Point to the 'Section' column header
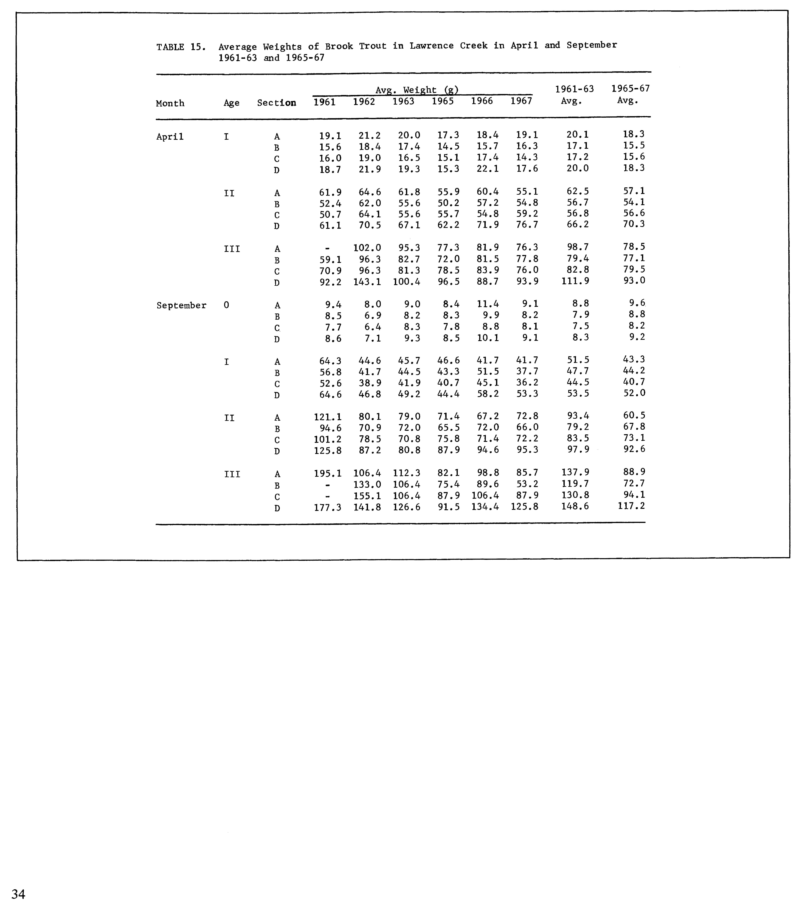tap(276, 103)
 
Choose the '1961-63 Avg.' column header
tap(574, 95)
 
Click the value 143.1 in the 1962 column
tap(367, 282)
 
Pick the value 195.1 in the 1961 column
tap(328, 473)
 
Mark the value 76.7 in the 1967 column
tap(527, 225)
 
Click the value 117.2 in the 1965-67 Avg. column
tap(631, 506)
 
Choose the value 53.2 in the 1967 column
tap(527, 484)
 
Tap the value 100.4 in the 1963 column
tap(407, 282)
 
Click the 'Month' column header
tap(170, 103)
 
